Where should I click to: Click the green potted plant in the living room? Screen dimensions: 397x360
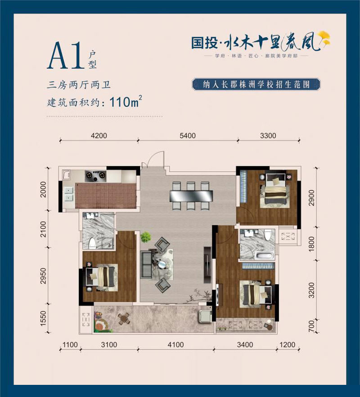coord(145,236)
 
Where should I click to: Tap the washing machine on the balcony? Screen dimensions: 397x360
coord(205,315)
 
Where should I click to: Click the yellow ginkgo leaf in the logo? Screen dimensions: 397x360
coord(324,39)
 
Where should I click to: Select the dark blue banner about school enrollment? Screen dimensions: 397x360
coord(255,85)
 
